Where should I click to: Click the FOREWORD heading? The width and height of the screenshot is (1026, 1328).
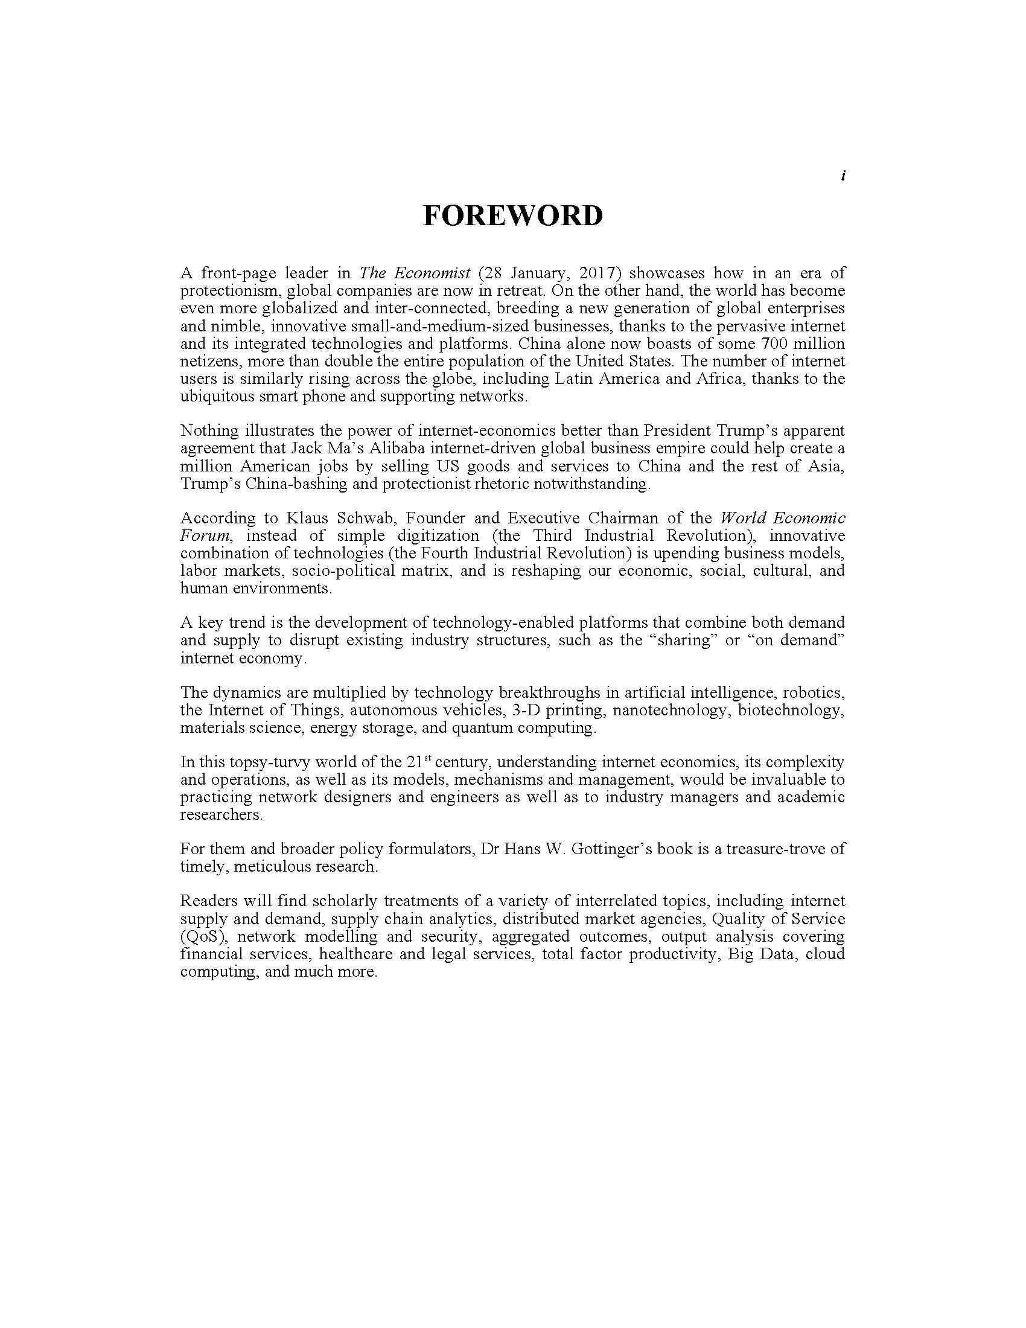tap(512, 216)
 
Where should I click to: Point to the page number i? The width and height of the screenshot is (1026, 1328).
tap(843, 176)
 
